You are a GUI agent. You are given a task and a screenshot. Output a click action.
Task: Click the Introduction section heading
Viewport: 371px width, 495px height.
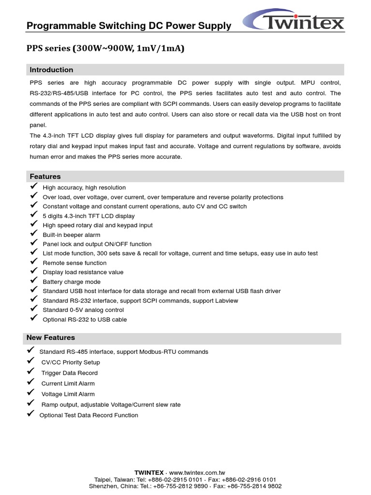(x=52, y=70)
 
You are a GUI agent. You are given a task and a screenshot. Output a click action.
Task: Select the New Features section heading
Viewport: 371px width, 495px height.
(x=51, y=337)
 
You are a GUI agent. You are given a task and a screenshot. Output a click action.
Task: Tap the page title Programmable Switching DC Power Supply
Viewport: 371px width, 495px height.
(x=129, y=26)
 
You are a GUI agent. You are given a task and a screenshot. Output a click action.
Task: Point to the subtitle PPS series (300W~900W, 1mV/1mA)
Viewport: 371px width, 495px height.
(x=105, y=48)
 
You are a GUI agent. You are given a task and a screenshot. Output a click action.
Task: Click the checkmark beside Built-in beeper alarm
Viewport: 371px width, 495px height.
(x=33, y=234)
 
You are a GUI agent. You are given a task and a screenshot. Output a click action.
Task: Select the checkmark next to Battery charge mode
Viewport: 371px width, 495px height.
(x=33, y=281)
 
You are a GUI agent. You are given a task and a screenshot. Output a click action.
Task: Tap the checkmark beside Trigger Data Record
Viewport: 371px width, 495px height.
(x=30, y=372)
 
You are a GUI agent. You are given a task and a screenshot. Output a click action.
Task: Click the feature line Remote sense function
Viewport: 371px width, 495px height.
(x=74, y=263)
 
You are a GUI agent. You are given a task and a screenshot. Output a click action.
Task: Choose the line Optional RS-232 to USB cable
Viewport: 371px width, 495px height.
(x=85, y=320)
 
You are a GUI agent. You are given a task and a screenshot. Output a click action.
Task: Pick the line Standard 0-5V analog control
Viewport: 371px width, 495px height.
(x=83, y=310)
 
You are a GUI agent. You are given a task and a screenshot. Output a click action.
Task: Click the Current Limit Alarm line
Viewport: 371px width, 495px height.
(x=68, y=383)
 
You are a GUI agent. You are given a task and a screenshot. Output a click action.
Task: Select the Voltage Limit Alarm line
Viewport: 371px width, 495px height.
(x=68, y=394)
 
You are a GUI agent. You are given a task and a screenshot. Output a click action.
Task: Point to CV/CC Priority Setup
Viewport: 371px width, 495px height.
(x=71, y=362)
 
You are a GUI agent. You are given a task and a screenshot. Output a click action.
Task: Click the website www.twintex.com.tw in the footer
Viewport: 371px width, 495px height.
(x=197, y=472)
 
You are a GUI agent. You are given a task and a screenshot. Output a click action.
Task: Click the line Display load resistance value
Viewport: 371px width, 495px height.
(x=83, y=272)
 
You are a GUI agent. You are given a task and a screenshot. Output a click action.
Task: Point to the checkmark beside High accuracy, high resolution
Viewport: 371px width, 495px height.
(x=33, y=187)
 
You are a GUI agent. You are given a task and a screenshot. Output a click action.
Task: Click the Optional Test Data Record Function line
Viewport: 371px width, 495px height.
(x=88, y=415)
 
